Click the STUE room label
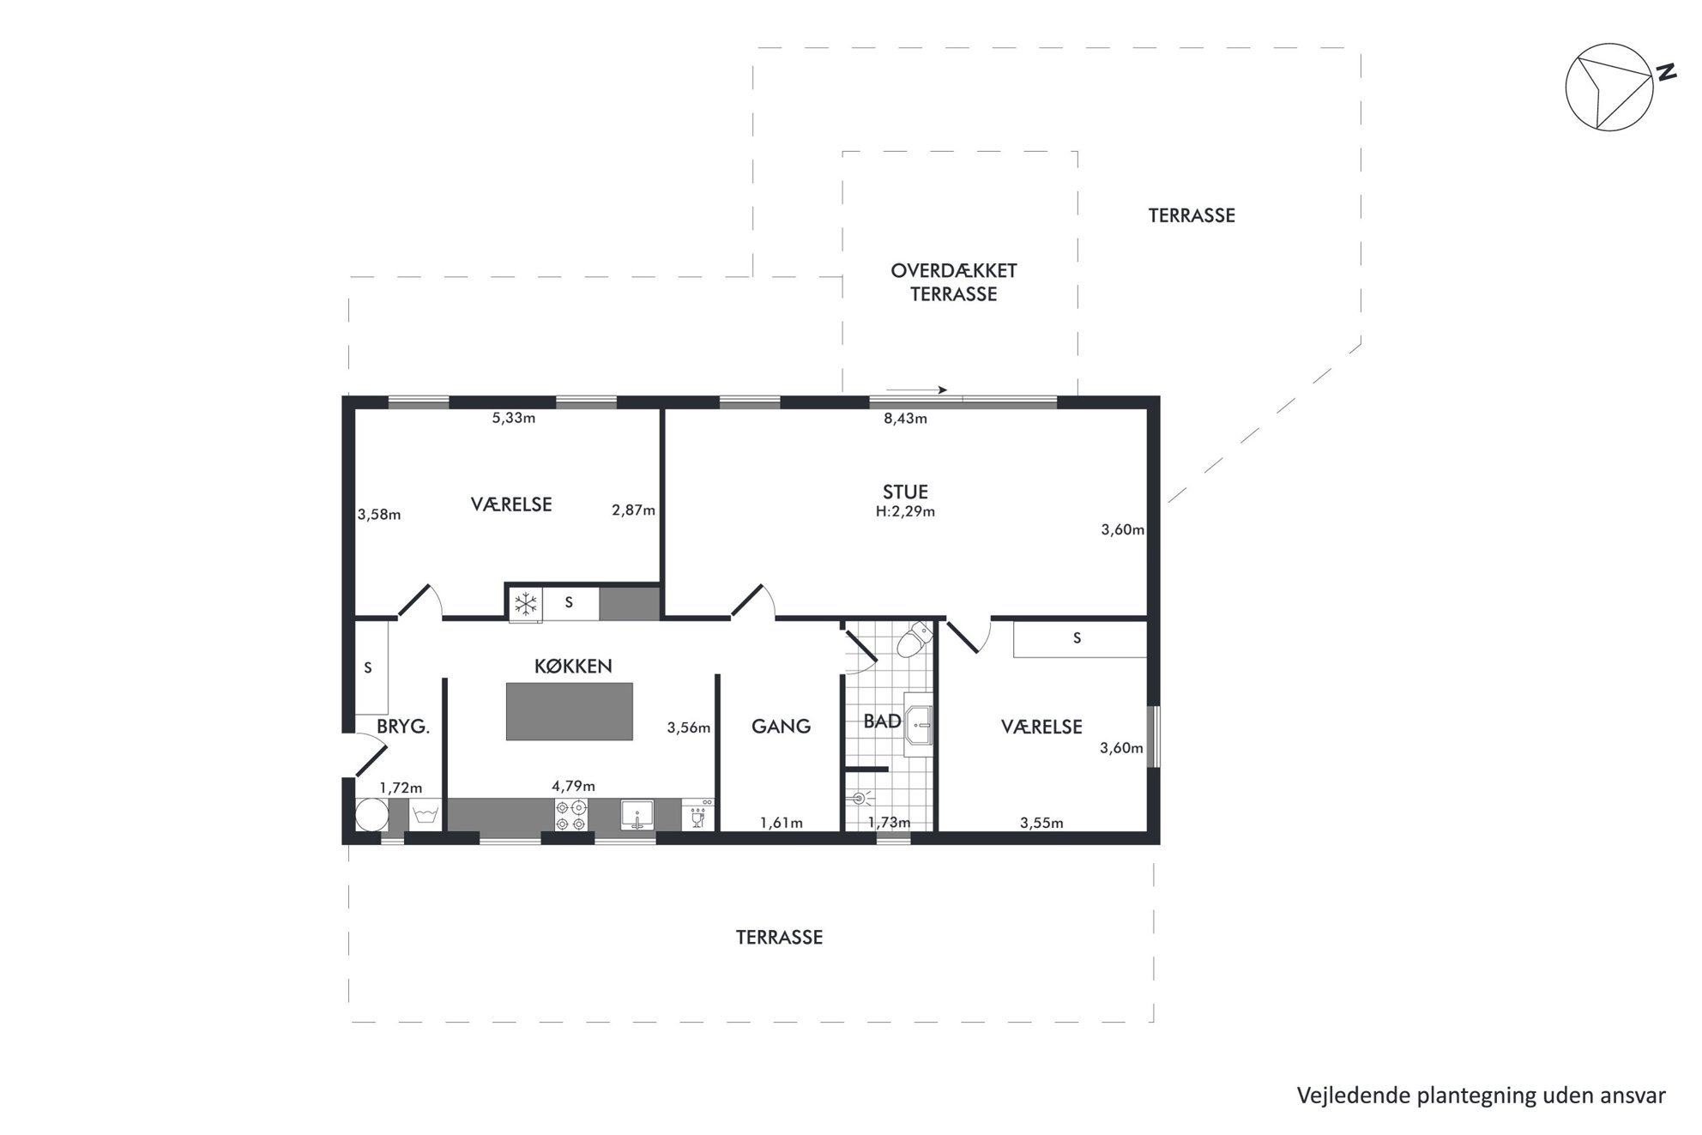[905, 492]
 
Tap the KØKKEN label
[573, 666]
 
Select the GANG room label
[781, 727]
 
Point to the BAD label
[882, 721]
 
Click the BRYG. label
[403, 727]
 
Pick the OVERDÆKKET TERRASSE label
[954, 282]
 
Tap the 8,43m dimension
[906, 419]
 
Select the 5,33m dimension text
[514, 418]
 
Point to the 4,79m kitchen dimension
[573, 786]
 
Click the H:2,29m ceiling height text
[905, 511]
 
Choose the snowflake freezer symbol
[525, 603]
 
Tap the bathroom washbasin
[919, 724]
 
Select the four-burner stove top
[570, 815]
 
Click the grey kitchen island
[570, 711]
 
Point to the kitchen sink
[637, 815]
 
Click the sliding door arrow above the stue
[916, 390]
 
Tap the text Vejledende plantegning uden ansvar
[1482, 1096]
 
